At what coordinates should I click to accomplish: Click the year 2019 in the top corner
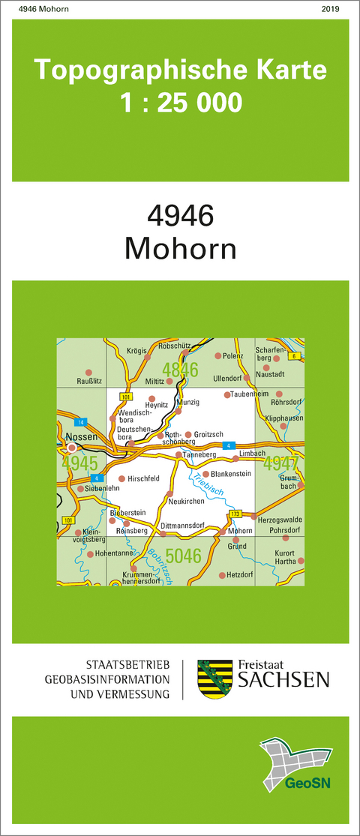(330, 9)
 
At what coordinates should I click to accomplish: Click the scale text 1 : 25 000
(181, 102)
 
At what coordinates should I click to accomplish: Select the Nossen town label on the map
(79, 436)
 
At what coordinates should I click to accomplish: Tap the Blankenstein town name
(231, 473)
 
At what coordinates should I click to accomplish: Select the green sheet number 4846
(180, 370)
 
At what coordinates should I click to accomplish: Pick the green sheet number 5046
(183, 556)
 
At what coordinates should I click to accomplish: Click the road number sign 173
(235, 514)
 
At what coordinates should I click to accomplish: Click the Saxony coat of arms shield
(209, 679)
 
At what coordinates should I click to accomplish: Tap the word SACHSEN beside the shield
(283, 680)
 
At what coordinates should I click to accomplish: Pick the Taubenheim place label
(250, 394)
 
